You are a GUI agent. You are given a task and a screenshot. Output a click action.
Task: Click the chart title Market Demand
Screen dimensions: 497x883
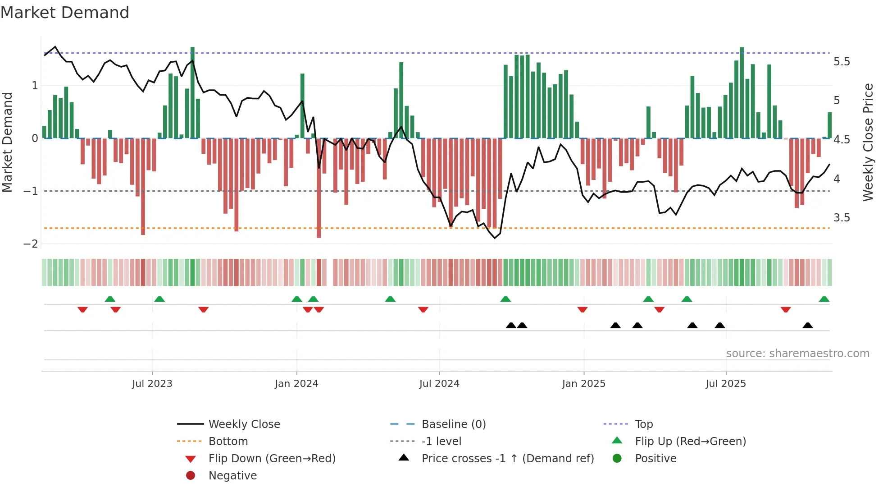pos(65,13)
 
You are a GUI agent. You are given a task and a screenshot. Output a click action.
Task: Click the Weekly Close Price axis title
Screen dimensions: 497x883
pos(868,142)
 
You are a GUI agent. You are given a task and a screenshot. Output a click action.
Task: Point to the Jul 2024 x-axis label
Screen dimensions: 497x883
pos(439,384)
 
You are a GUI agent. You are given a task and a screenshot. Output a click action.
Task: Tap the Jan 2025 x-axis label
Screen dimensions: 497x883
pos(583,384)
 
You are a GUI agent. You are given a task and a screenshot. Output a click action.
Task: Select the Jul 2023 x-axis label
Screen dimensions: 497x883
pos(152,384)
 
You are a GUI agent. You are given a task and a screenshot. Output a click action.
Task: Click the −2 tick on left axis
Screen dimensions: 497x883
pos(31,244)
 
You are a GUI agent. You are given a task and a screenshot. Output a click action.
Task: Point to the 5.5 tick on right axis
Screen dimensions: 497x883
pos(842,62)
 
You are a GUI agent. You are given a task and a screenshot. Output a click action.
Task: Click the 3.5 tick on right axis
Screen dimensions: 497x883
pos(842,218)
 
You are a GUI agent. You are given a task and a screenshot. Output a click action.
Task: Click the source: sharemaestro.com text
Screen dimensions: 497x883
pos(797,354)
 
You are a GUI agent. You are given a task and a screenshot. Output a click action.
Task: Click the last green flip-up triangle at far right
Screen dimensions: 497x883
pos(824,299)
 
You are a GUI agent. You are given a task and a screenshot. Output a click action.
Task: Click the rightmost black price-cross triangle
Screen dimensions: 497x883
pos(808,326)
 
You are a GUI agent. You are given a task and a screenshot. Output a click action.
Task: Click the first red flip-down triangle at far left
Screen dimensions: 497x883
pos(82,309)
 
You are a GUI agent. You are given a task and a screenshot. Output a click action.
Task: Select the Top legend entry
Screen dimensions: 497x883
pos(643,424)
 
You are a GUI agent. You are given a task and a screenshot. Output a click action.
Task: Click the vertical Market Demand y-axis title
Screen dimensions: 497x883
pos(8,142)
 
